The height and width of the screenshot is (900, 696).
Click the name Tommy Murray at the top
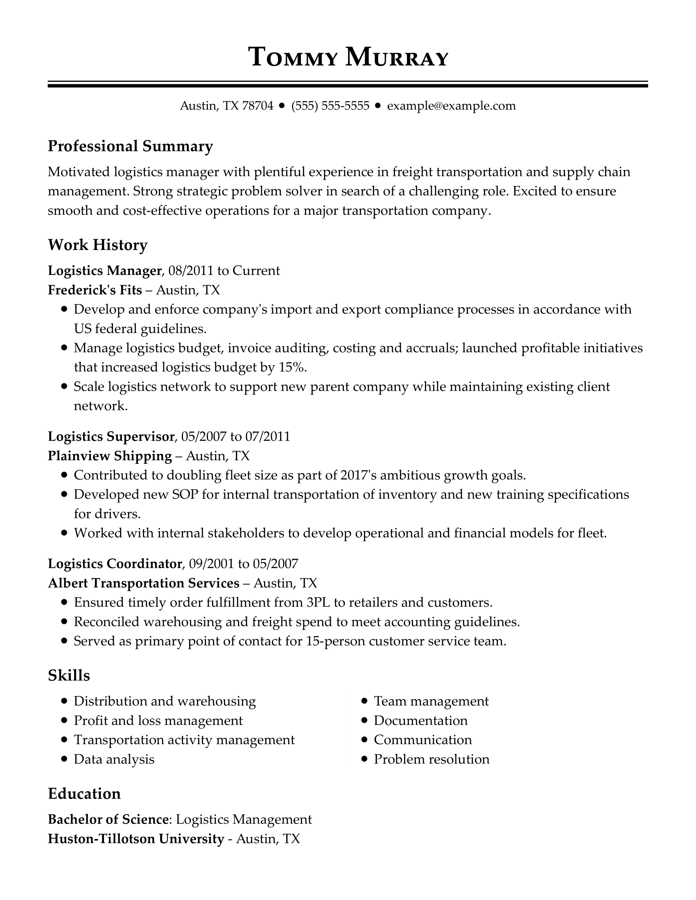348,57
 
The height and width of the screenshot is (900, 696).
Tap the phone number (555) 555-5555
330,106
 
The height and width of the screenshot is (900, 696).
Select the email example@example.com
451,106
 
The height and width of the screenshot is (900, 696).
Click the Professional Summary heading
130,146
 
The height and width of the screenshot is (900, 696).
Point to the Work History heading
97,245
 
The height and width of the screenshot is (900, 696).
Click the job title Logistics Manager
104,271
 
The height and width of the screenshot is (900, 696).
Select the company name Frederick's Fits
95,290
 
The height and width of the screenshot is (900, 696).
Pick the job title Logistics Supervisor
111,436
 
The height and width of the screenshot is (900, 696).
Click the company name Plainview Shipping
110,456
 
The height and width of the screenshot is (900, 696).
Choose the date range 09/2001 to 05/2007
243,563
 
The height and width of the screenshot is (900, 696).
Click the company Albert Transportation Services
143,583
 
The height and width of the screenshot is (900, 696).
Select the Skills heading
69,675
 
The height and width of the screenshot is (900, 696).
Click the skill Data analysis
114,759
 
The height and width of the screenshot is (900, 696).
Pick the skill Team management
431,701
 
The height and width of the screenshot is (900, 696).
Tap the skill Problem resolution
431,759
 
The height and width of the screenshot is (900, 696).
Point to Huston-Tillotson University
136,839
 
